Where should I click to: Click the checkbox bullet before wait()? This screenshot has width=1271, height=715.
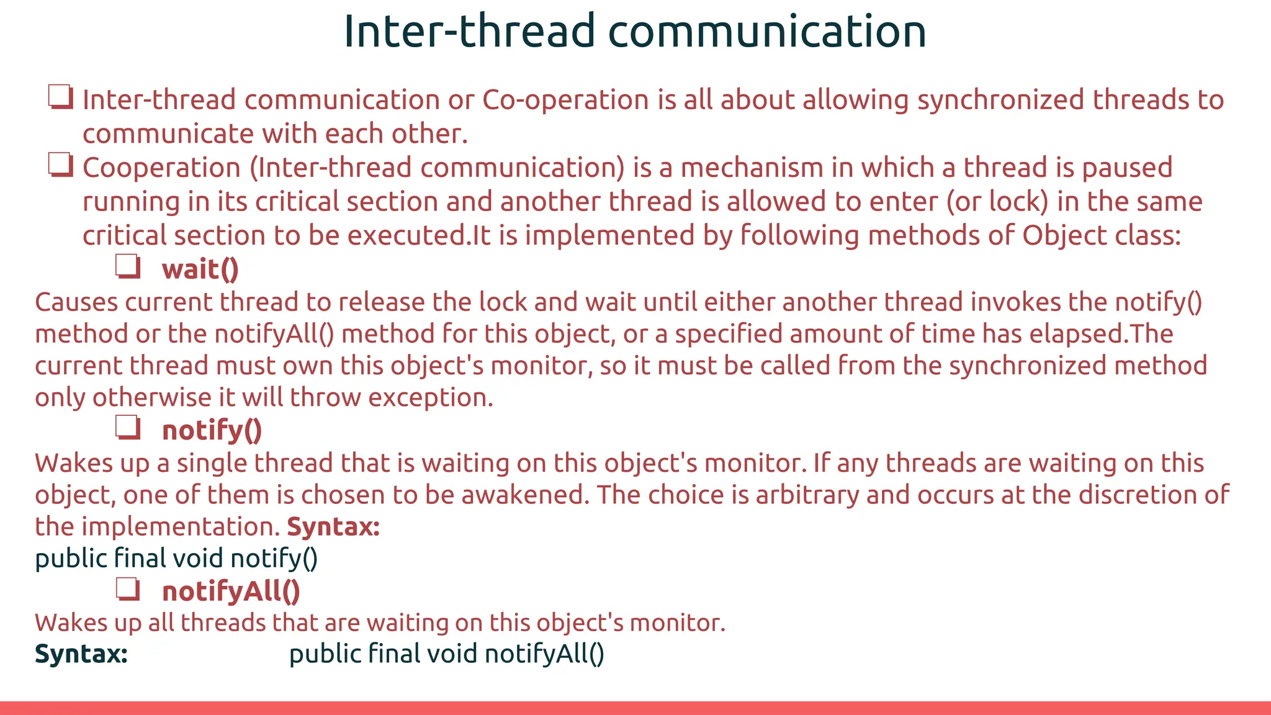point(128,267)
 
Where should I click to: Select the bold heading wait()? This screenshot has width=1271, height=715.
point(200,269)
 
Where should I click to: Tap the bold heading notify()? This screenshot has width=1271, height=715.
point(212,430)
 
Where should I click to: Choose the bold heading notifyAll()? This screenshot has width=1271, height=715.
point(231,591)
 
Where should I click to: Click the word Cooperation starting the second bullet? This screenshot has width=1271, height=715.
point(161,168)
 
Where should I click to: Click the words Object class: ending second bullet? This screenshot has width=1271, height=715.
point(1101,236)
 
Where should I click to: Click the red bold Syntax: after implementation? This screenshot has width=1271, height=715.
point(333,527)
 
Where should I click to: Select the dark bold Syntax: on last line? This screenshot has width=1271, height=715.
point(81,654)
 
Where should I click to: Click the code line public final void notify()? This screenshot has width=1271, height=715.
point(176,559)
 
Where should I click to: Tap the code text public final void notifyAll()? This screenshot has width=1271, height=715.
point(446,654)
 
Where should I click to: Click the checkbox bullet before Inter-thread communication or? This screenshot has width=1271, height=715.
point(61,97)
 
